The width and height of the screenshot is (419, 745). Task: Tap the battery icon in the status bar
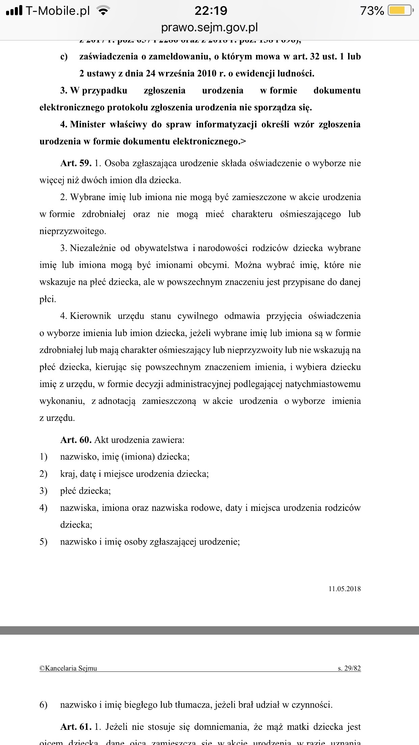pos(400,11)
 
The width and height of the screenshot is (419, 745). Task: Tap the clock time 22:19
pos(211,11)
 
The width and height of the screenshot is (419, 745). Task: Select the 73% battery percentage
pos(372,11)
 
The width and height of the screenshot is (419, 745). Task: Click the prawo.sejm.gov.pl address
pos(209,28)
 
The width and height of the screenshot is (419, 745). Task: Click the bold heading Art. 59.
pos(76,163)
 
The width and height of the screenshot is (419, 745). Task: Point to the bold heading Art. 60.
pos(76,440)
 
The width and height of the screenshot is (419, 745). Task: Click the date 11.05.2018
pos(344,589)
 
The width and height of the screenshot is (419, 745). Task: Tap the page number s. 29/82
pos(349,668)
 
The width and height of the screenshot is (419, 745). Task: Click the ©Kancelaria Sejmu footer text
pos(68,668)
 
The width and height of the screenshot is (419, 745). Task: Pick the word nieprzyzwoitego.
pos(73,231)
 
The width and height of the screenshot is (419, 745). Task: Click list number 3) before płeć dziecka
pos(44,491)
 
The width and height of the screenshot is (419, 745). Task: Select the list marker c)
pos(64,57)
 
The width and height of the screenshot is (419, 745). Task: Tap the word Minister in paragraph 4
pos(88,125)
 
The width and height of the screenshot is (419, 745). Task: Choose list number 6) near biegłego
pos(44,705)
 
